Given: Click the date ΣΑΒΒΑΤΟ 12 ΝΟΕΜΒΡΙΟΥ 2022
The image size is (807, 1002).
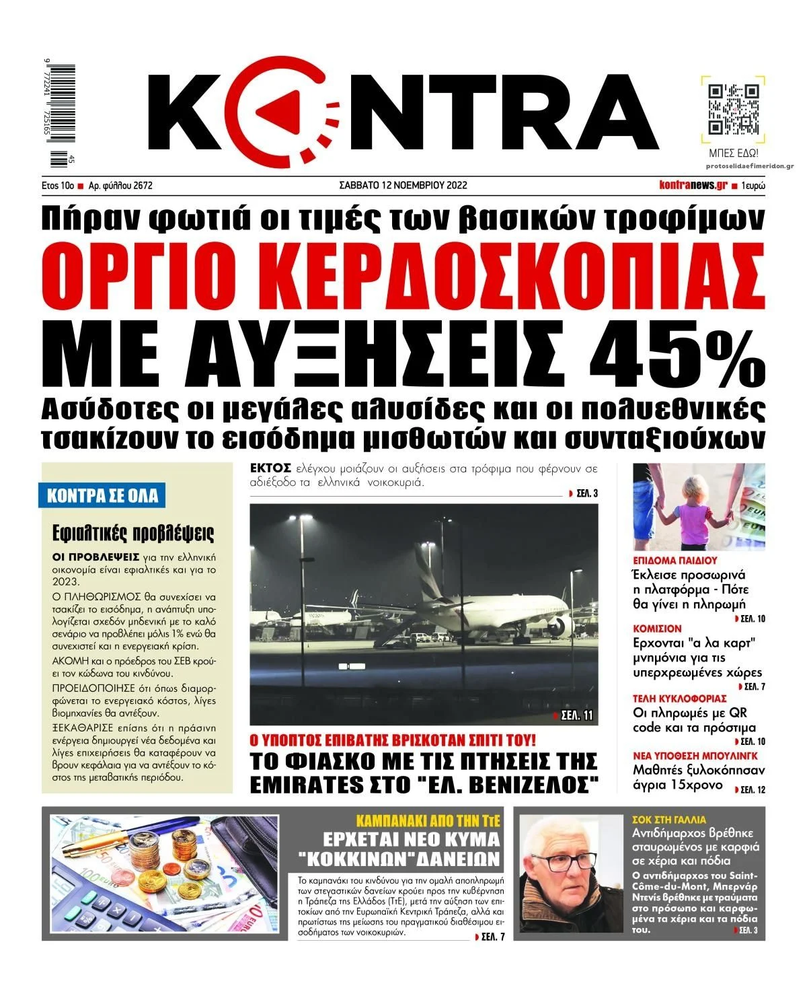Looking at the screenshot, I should [x=403, y=185].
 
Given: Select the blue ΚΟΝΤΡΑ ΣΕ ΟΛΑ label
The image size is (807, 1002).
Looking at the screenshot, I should [x=102, y=496].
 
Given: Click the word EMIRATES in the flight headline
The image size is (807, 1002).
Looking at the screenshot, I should [x=303, y=784].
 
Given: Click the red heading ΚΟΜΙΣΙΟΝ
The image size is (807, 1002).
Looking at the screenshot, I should [x=657, y=629].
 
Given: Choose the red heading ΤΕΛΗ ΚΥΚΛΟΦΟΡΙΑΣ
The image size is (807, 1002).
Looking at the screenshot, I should [x=680, y=698].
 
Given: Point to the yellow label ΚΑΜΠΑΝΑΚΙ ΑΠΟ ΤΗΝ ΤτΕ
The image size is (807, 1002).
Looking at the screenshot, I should [x=427, y=821].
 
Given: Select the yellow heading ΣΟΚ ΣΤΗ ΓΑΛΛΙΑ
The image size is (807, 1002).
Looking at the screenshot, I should [x=670, y=820].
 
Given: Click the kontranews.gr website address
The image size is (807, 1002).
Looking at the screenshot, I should [x=693, y=185].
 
